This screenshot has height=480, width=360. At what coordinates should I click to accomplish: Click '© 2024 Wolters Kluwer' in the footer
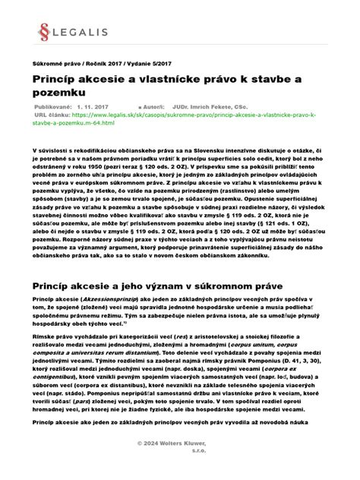pyautogui.click(x=180, y=463)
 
